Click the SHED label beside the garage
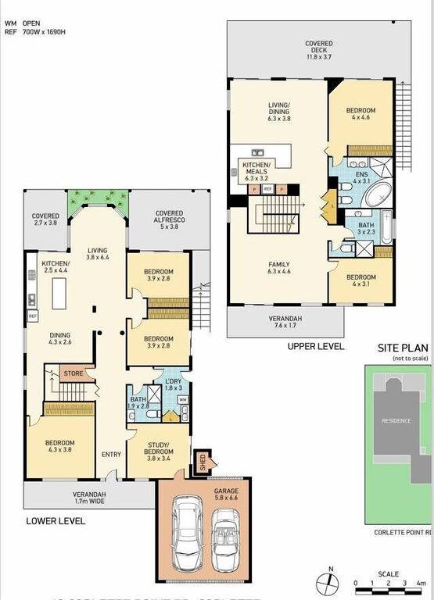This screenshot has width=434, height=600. click(201, 462)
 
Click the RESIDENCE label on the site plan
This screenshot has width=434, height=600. click(396, 420)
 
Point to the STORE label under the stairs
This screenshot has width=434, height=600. click(74, 373)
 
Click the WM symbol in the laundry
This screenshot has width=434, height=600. click(183, 400)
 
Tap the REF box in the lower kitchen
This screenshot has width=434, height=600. click(33, 316)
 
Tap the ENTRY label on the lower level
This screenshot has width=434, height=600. click(110, 455)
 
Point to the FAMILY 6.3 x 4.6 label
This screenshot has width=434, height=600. click(277, 269)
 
